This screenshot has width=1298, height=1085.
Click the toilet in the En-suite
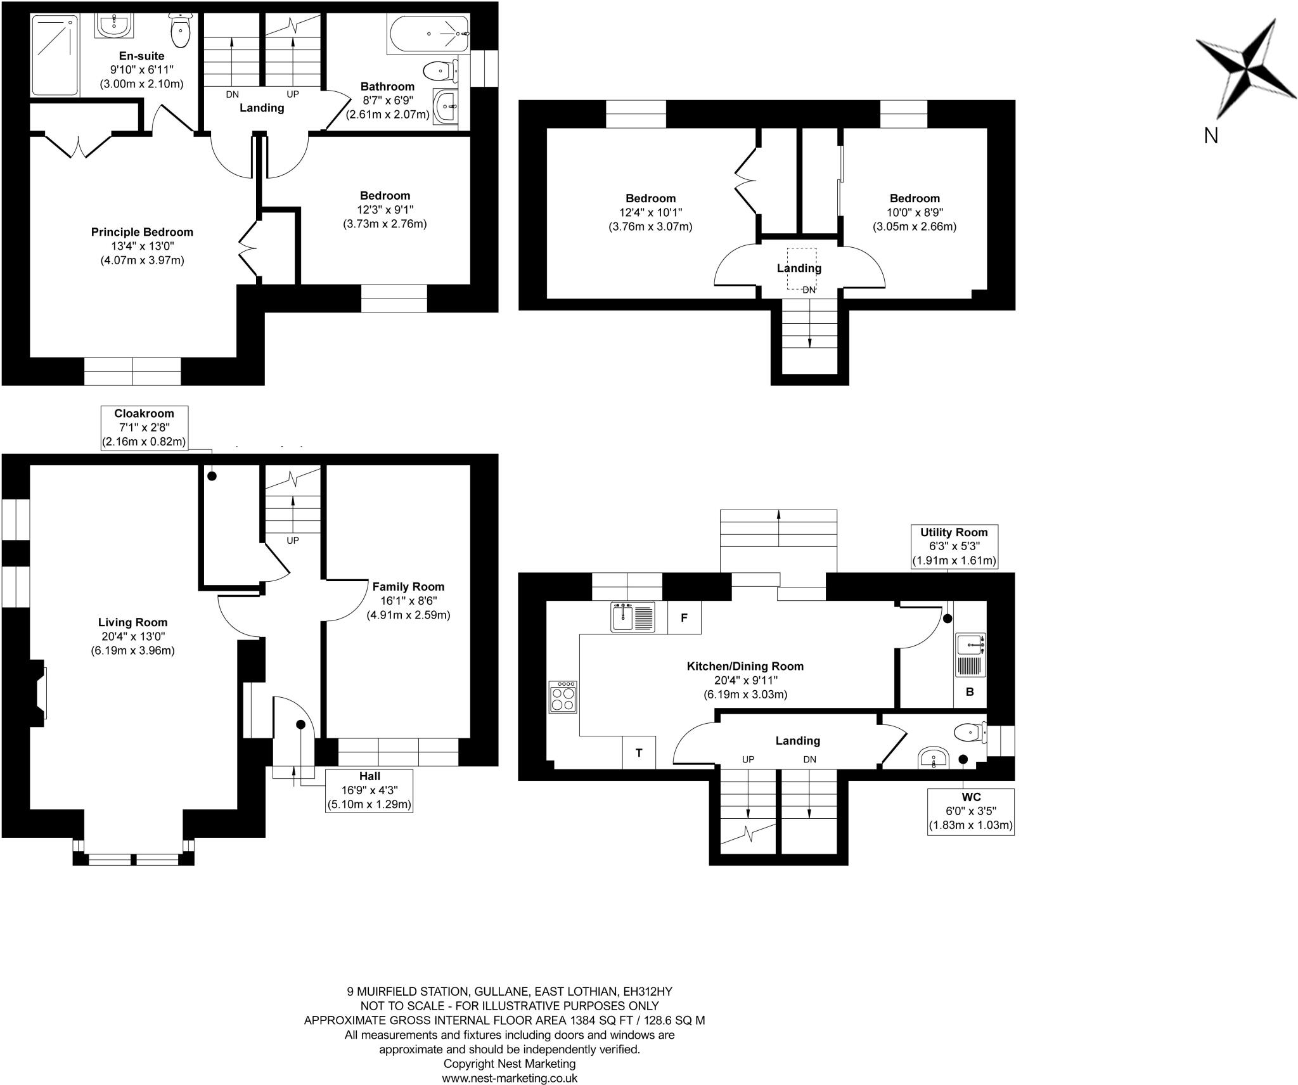click(x=181, y=30)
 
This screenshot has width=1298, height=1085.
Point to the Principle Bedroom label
click(x=142, y=232)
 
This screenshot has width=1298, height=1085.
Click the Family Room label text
click(x=408, y=587)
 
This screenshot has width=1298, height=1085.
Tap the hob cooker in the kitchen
click(x=563, y=697)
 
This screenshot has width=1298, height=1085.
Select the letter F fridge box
click(x=684, y=617)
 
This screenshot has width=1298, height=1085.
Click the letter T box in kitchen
click(x=639, y=753)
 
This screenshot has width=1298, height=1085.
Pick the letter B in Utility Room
click(x=970, y=692)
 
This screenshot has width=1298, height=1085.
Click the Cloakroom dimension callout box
click(x=145, y=428)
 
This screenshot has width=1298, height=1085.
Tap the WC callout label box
click(x=970, y=812)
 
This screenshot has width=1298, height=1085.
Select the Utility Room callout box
click(x=954, y=546)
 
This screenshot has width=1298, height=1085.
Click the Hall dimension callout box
click(x=369, y=790)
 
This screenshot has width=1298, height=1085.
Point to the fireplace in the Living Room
click(x=39, y=690)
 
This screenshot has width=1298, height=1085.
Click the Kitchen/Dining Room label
click(x=745, y=666)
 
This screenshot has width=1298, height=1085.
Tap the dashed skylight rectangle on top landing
click(x=802, y=268)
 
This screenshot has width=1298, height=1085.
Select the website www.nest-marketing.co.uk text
click(x=509, y=1077)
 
